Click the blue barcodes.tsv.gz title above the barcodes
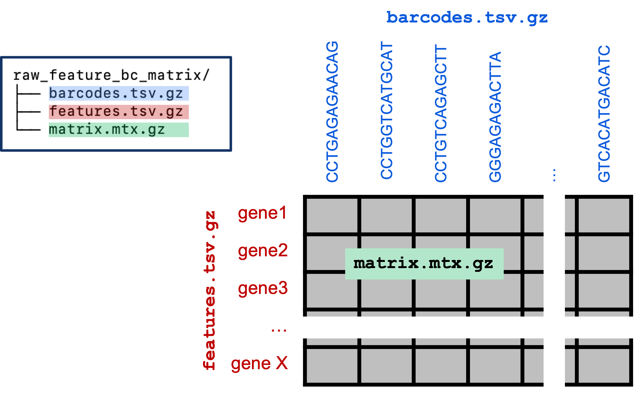pos(467,18)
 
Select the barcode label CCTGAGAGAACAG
pos(332,112)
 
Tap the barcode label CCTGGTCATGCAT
pos(386,110)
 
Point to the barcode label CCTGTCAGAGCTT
pos(441,113)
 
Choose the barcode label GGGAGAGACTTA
pos(495,117)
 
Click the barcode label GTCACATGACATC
pos(604,114)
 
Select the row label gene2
pos(263,251)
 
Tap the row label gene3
pos(263,288)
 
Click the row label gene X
pos(259,364)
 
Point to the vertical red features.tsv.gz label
pos(210,290)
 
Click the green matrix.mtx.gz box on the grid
pos(424,264)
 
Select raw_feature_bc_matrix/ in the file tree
pos(111,75)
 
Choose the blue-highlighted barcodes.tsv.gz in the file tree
pos(118,93)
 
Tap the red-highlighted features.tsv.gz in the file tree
pos(118,112)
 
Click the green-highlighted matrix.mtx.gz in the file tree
pos(118,130)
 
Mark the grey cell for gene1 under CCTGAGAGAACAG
pos(332,216)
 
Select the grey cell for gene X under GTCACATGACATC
pos(604,366)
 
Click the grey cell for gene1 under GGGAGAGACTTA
pos(495,216)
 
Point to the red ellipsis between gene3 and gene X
pos(279,330)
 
